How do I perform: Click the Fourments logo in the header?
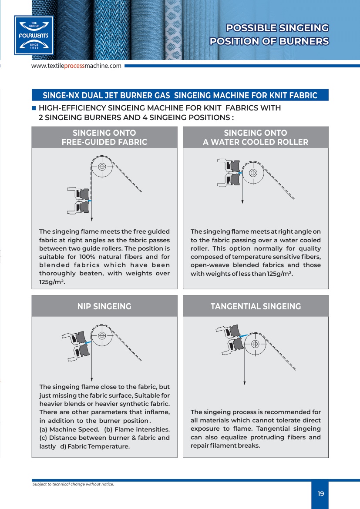[x=34, y=35]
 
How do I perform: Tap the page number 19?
[x=321, y=494]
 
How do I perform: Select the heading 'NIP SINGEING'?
[x=104, y=306]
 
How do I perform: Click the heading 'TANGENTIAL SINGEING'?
[x=256, y=306]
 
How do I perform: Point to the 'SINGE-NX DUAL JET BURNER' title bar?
[x=180, y=95]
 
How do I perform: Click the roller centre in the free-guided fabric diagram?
[x=102, y=166]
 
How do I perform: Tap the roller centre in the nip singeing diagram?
[x=102, y=335]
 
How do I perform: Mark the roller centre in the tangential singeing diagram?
[x=256, y=344]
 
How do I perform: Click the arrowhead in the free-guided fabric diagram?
[x=92, y=219]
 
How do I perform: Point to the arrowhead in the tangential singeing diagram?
[x=245, y=383]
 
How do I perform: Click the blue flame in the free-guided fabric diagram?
[x=89, y=200]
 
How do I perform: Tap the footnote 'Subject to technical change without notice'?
[x=73, y=484]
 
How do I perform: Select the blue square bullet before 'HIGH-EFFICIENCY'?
[x=34, y=108]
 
